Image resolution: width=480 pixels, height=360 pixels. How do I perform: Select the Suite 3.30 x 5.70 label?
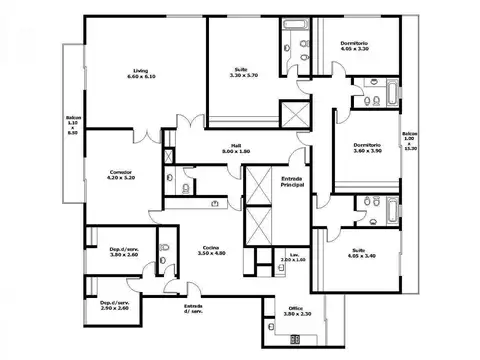click(x=244, y=72)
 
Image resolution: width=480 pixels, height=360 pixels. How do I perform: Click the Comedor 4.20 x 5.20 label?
click(x=121, y=175)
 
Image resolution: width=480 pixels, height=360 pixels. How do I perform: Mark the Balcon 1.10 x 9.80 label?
click(x=73, y=127)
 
